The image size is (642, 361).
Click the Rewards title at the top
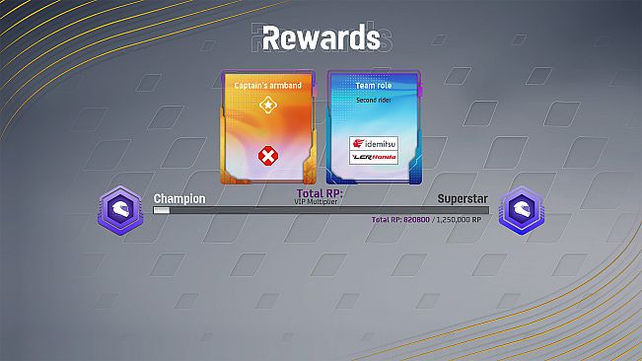coord(321,37)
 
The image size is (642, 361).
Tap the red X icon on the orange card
coord(267,155)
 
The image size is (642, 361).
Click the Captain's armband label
coord(267,86)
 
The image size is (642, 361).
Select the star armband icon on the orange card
coord(267,105)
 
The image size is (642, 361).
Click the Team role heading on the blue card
coord(373,86)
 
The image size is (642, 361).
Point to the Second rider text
coord(373,99)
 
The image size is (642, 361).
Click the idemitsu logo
coord(374,144)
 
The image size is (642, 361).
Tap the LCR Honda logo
coord(374,158)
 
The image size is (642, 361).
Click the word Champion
coord(179,198)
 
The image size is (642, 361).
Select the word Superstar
coord(462,198)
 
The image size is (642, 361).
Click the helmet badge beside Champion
coord(120,209)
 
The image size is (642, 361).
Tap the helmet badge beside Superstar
coord(520,210)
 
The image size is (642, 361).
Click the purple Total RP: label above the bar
coord(320,193)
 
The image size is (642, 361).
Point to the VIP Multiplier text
coord(320,201)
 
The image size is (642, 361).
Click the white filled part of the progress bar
coord(162,210)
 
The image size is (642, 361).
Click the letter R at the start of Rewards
coord(250,37)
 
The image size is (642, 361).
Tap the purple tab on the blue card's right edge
coord(419,91)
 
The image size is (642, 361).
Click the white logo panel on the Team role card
coord(374,151)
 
